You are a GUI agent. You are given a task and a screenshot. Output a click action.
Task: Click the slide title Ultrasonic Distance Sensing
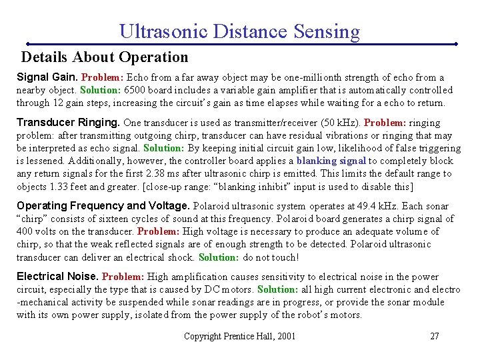(x=239, y=31)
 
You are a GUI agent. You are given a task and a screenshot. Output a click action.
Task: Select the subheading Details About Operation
(x=105, y=57)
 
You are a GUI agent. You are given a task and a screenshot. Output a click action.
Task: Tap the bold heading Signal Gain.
(x=47, y=77)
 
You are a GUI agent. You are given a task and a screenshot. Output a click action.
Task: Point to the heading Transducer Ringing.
(x=68, y=123)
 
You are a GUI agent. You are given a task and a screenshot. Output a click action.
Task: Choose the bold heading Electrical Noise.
(x=58, y=277)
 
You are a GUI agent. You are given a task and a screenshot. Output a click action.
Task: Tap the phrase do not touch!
(x=271, y=257)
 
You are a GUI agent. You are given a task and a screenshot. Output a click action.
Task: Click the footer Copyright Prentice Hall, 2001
(x=239, y=336)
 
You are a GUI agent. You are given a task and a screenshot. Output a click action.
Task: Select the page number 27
(x=434, y=336)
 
